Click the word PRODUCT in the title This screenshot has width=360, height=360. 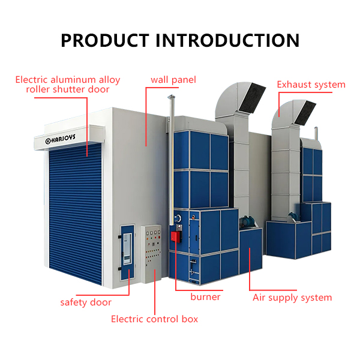point(105,40)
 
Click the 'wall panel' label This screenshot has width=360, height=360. point(173,80)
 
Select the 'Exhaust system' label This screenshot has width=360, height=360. point(311,85)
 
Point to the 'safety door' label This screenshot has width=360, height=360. point(86,302)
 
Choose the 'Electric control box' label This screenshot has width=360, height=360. point(155,319)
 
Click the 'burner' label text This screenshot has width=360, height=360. point(205,297)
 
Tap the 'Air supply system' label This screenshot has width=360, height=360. point(292,298)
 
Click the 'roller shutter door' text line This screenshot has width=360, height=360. point(68,89)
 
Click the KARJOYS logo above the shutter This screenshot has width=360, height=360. point(60,139)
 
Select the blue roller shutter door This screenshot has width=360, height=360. point(76,214)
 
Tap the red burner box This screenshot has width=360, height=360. point(176,236)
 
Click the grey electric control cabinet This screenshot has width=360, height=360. point(151,254)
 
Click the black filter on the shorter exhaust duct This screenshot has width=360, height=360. point(305,113)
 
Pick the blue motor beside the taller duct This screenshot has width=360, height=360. point(245,221)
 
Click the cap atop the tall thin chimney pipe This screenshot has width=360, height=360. point(171,97)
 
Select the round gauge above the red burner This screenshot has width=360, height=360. point(178,218)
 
